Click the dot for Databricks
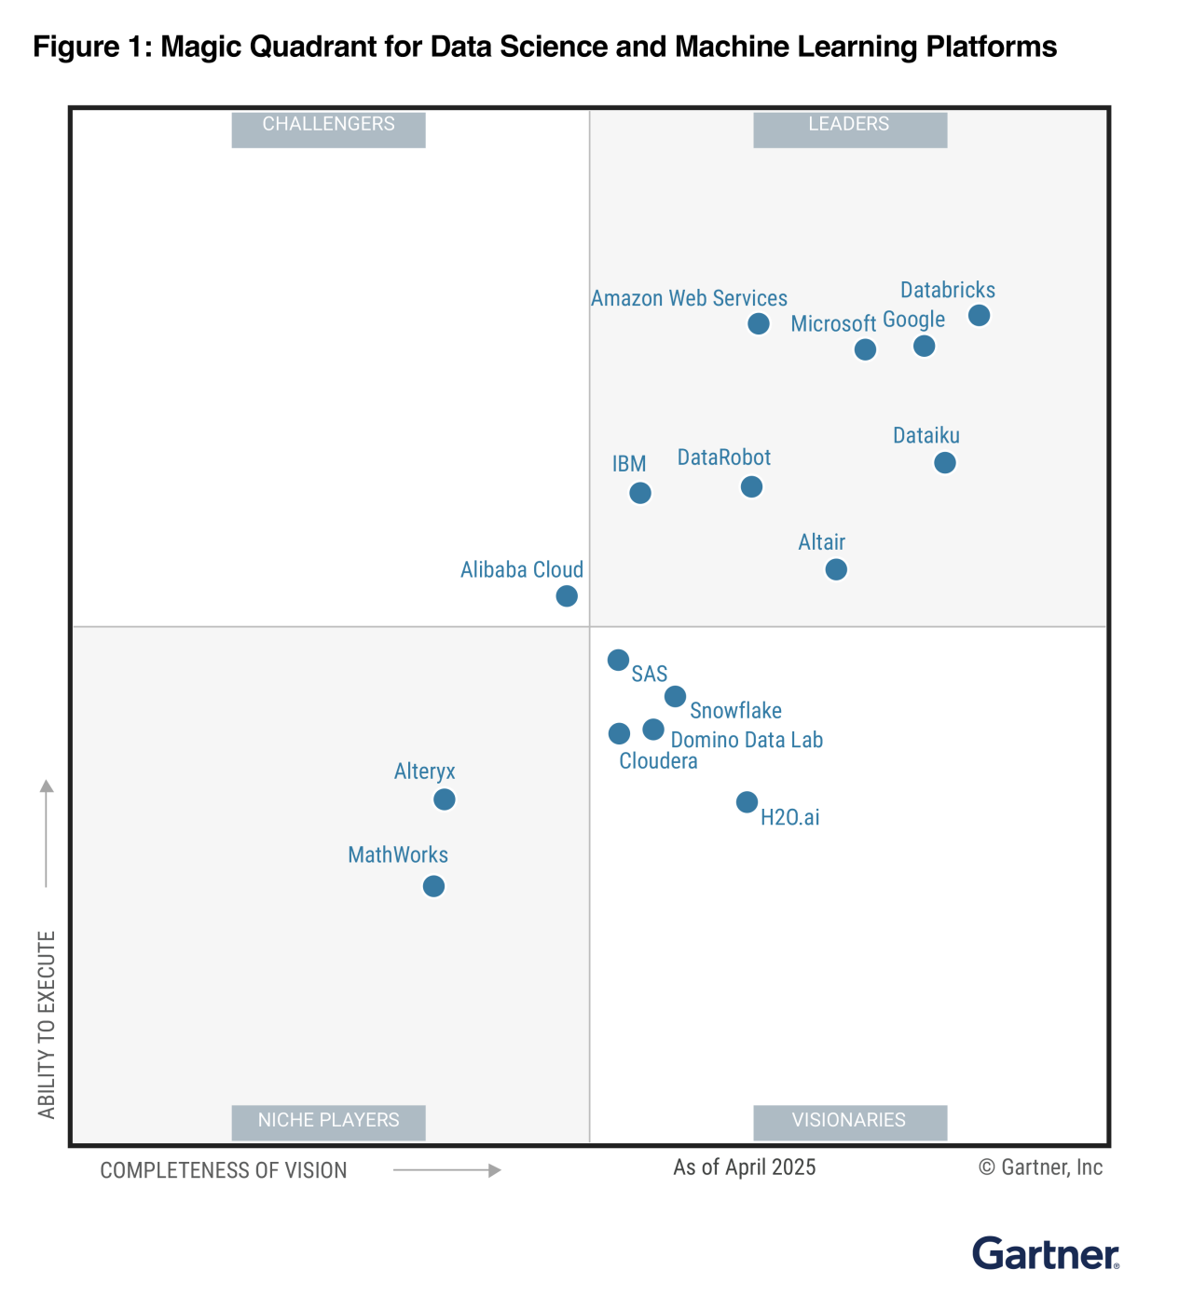(x=979, y=316)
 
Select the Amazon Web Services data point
(x=759, y=323)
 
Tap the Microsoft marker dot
(x=865, y=349)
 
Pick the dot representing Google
(x=924, y=346)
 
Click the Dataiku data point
(x=944, y=463)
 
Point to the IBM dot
(x=640, y=493)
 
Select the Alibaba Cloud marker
(x=567, y=596)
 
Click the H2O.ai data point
(x=747, y=802)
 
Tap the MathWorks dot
(x=433, y=886)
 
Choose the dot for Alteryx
(x=445, y=799)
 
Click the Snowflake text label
(x=735, y=711)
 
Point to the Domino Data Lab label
(x=747, y=741)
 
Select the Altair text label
(x=821, y=542)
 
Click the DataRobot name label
(x=723, y=457)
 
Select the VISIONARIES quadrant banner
(x=849, y=1121)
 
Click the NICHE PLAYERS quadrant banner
(x=328, y=1121)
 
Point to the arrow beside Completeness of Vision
(x=447, y=1170)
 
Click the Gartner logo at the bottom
(x=1045, y=1254)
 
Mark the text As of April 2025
(x=744, y=1167)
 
